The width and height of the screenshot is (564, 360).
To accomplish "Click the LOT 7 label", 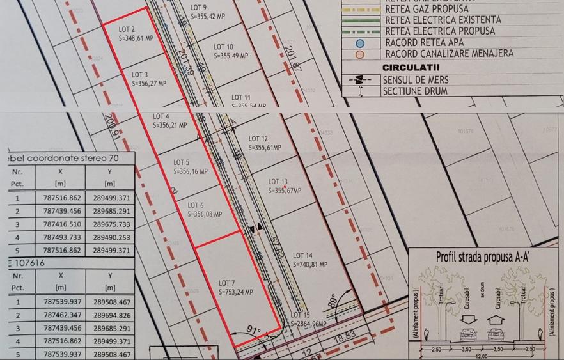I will (x=228, y=283).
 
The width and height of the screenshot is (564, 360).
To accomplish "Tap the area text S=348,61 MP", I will (x=136, y=38).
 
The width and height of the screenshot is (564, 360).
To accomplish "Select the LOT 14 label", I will (x=302, y=254).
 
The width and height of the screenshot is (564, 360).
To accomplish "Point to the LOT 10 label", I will (x=221, y=47).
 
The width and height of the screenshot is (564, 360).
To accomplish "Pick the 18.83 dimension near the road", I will (x=347, y=334).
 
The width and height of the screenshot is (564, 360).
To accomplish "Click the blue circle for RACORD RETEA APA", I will (x=361, y=43).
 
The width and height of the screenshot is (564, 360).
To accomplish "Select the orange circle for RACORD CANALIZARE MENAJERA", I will (x=361, y=54).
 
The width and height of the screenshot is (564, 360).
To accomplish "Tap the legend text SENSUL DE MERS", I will (x=424, y=80).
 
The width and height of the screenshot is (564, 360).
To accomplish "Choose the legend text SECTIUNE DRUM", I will (x=424, y=91).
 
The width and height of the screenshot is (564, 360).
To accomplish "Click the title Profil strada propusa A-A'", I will (x=487, y=257).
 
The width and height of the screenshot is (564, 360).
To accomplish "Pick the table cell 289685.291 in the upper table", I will (x=111, y=211).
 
